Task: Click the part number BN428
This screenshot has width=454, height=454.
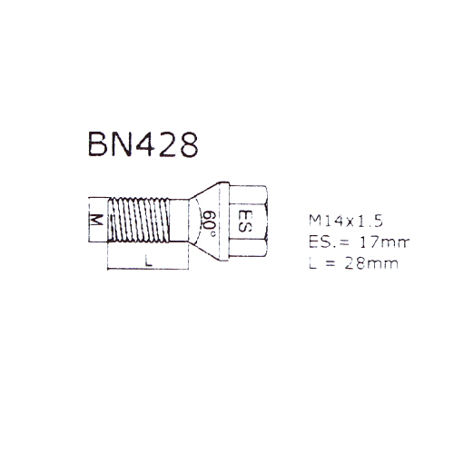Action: click(143, 144)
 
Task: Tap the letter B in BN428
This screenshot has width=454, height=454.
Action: click(97, 144)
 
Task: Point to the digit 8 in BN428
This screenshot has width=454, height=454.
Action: click(189, 144)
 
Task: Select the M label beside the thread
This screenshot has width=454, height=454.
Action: click(97, 220)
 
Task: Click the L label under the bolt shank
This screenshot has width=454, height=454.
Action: click(148, 261)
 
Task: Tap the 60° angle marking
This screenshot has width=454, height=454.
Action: click(210, 223)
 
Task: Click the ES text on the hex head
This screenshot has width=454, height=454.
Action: click(244, 221)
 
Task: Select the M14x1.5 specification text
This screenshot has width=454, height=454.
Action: click(346, 221)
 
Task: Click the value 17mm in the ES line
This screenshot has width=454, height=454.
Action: click(384, 242)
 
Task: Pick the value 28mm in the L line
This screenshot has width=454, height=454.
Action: click(371, 263)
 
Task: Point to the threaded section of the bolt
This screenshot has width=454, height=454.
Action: click(139, 220)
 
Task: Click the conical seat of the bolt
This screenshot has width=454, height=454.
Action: click(209, 222)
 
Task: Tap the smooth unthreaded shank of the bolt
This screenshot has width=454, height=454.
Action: click(179, 220)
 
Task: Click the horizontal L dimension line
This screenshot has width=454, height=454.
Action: click(148, 268)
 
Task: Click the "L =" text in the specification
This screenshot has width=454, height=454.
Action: click(322, 263)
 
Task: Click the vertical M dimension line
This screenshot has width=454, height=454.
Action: click(89, 220)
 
